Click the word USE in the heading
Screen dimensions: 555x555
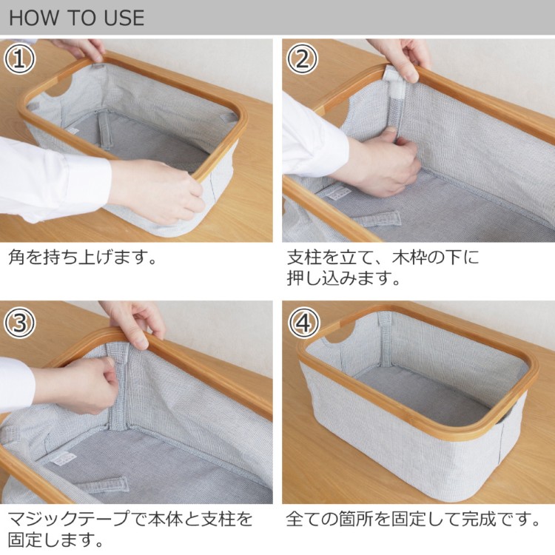coord(124,18)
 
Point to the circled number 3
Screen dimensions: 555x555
coord(19,322)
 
